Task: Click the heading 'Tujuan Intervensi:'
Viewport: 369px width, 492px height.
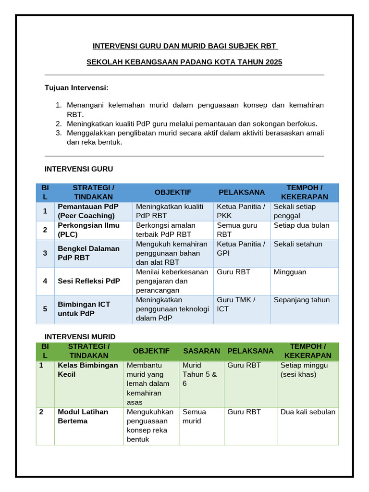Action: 76,88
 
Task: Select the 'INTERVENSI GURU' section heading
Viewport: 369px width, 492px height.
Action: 79,169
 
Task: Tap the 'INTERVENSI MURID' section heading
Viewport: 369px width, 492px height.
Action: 80,336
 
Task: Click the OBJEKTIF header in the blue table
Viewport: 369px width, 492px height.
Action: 173,192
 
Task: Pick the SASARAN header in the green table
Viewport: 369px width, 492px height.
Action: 201,351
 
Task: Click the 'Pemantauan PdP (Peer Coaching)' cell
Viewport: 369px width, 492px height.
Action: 88,211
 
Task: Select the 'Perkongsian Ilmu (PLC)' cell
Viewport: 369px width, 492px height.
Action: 88,230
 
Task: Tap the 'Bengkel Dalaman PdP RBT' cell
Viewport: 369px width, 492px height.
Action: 88,253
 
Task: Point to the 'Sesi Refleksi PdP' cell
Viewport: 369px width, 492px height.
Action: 88,281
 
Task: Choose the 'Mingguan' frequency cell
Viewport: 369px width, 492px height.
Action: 290,272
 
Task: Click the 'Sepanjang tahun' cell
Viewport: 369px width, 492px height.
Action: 302,300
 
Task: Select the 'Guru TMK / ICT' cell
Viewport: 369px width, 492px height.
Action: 236,304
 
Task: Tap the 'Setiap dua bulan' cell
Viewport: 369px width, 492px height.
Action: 301,225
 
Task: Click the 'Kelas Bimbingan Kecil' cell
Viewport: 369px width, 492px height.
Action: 88,369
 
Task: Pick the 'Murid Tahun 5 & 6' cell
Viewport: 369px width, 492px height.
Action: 200,374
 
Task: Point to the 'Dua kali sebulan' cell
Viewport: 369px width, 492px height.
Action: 308,412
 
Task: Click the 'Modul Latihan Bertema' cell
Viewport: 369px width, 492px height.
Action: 83,416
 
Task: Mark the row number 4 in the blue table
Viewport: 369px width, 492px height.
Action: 45,281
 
